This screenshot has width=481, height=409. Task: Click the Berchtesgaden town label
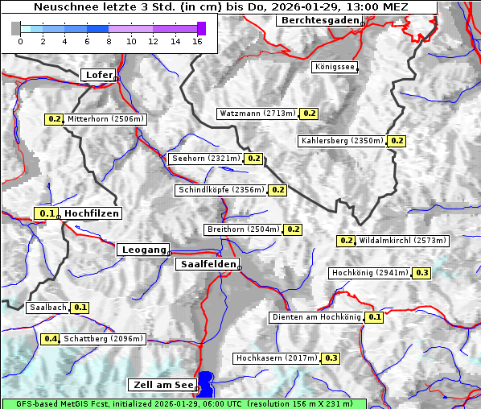(x=319, y=20)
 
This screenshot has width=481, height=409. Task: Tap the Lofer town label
(x=99, y=75)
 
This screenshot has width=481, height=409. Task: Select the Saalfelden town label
(x=207, y=264)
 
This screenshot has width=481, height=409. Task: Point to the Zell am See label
(x=162, y=385)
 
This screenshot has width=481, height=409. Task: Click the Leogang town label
(x=143, y=250)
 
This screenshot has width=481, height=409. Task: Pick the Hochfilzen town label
(x=92, y=213)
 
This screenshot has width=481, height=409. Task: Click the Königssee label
(x=335, y=67)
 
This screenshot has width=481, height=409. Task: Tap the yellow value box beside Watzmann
(x=310, y=114)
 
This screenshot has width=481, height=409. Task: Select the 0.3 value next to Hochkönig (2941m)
(x=422, y=273)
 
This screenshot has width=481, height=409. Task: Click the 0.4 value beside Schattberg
(x=51, y=339)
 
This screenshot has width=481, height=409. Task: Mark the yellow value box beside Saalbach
(x=80, y=308)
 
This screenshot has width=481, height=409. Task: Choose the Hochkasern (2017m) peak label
(x=276, y=357)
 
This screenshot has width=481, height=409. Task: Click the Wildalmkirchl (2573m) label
(x=402, y=240)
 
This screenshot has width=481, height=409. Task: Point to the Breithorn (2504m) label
(x=243, y=229)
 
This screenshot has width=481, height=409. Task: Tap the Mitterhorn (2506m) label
(x=105, y=119)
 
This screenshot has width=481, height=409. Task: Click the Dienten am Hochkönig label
(x=316, y=317)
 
